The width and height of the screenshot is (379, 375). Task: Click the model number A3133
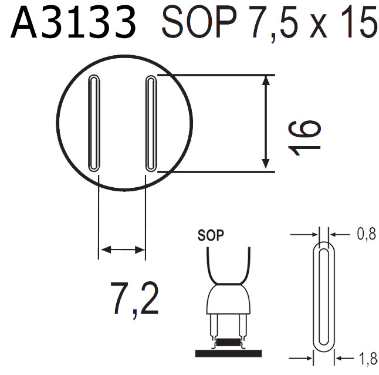tap(73, 25)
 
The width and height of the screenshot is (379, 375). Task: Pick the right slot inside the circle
tap(150, 123)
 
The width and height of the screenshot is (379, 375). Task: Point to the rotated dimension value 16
tap(306, 137)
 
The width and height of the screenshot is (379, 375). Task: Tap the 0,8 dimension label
tap(366, 235)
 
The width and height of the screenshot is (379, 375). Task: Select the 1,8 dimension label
tap(366, 356)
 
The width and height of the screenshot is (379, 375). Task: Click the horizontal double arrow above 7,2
tap(122, 250)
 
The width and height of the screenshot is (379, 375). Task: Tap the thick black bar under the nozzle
tap(229, 353)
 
